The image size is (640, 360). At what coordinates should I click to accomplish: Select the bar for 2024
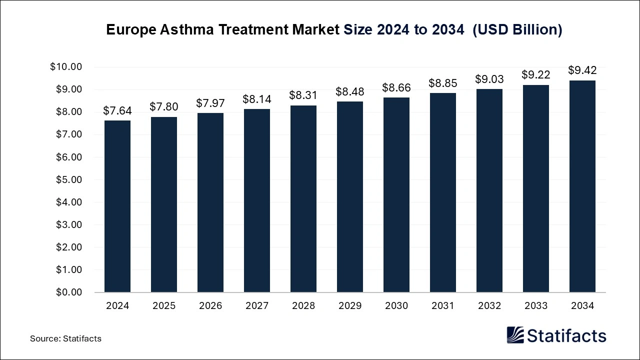point(117,206)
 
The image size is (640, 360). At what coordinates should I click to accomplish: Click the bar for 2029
point(350,196)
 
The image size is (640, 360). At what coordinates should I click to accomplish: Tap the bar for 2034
point(582,186)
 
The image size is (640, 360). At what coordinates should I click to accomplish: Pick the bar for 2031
point(443,192)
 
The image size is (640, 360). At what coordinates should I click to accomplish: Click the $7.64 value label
point(117,111)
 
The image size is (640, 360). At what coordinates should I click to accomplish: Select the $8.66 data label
point(396,88)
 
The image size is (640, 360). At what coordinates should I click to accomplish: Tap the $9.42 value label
point(582,70)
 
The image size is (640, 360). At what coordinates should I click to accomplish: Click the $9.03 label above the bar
point(489,79)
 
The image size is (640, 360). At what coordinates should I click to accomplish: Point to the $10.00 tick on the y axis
point(66,67)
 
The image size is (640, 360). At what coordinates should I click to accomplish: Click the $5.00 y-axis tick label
point(68,179)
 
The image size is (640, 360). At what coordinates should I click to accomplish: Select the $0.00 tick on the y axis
point(68,292)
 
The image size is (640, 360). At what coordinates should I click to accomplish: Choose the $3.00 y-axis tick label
point(68,224)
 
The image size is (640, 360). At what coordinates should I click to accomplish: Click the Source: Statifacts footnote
point(65,338)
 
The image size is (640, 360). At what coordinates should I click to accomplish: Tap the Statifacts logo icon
point(515,335)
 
